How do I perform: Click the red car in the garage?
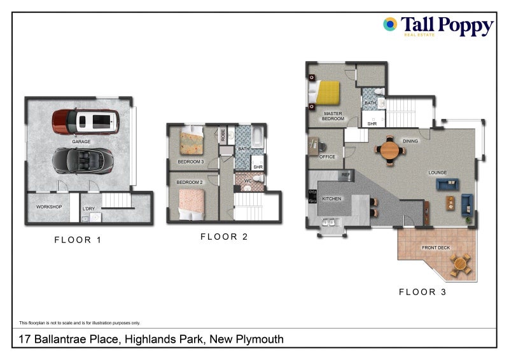(x=86, y=122)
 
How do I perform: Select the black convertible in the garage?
(x=83, y=161)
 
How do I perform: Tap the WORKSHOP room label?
(x=49, y=207)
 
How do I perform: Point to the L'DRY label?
(x=88, y=209)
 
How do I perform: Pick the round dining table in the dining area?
(x=390, y=150)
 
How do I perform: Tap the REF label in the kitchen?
(x=346, y=175)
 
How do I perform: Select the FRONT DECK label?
(x=436, y=247)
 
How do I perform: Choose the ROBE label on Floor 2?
(x=223, y=135)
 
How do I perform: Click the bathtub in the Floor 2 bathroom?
(x=257, y=137)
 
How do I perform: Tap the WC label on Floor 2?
(x=248, y=181)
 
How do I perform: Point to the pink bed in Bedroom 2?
(x=192, y=205)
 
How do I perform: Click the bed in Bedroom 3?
(x=192, y=140)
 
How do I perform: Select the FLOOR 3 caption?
(x=422, y=292)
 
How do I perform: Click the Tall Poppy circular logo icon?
(x=390, y=24)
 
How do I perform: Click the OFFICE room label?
(x=327, y=157)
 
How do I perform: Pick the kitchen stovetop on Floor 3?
(x=312, y=197)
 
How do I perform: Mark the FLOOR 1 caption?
(x=78, y=240)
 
